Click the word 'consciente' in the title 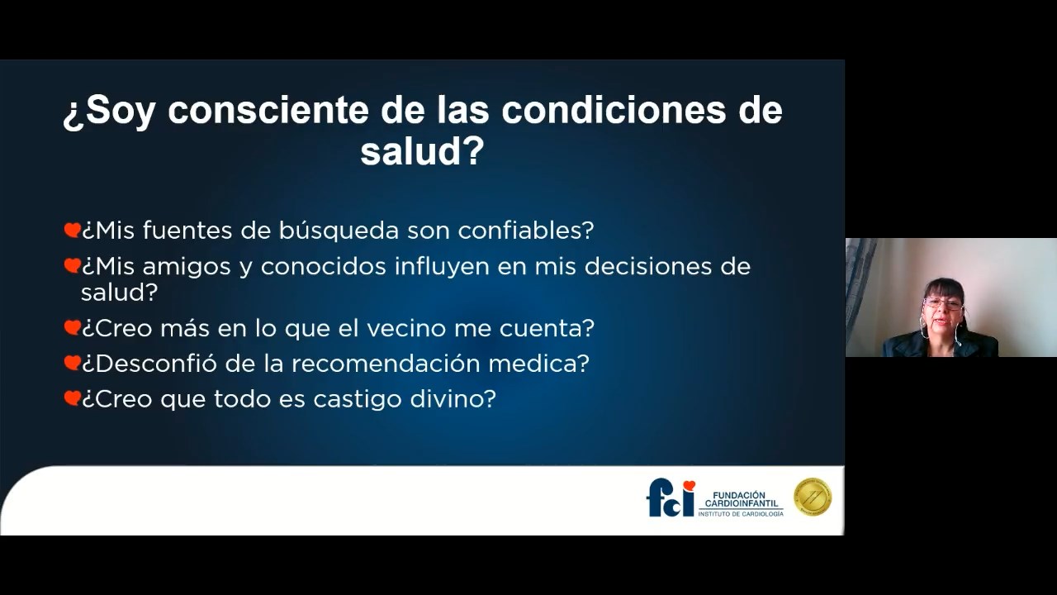[268, 110]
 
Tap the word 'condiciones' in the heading [613, 110]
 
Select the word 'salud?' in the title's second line [422, 151]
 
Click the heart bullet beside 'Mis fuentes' [72, 230]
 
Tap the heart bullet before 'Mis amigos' [72, 266]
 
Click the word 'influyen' [442, 267]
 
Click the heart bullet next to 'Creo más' [72, 327]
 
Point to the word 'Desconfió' [149, 364]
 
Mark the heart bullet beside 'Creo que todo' [72, 398]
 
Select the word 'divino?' [453, 399]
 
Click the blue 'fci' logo [671, 497]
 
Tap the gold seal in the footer [813, 497]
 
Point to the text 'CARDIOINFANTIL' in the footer [742, 504]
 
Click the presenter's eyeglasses [943, 303]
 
